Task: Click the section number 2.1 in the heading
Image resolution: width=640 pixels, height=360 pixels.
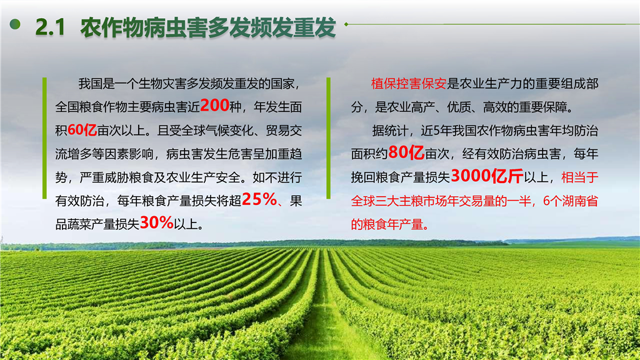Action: pyautogui.click(x=50, y=27)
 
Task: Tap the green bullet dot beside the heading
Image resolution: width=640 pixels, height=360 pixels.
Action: pyautogui.click(x=15, y=24)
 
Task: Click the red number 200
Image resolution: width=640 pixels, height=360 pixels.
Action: pyautogui.click(x=215, y=105)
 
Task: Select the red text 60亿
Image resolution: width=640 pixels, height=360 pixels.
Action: pyautogui.click(x=82, y=130)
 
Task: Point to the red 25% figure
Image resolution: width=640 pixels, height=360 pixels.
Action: pyautogui.click(x=259, y=199)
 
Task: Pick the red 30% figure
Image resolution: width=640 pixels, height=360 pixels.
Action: pyautogui.click(x=156, y=223)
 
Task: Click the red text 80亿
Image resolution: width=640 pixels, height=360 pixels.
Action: pyautogui.click(x=406, y=152)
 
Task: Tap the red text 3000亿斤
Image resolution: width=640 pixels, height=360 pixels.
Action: pyautogui.click(x=487, y=176)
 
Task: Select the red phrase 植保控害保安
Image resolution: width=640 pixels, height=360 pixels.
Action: pyautogui.click(x=409, y=84)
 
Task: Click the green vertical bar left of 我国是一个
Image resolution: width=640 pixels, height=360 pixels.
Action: pyautogui.click(x=44, y=138)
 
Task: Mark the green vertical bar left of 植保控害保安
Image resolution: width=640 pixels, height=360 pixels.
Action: pyautogui.click(x=329, y=138)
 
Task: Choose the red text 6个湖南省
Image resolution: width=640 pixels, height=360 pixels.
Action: pyautogui.click(x=570, y=201)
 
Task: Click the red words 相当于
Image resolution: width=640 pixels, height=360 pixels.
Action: pyautogui.click(x=579, y=177)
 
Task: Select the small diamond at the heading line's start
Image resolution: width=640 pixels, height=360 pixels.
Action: pyautogui.click(x=346, y=24)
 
